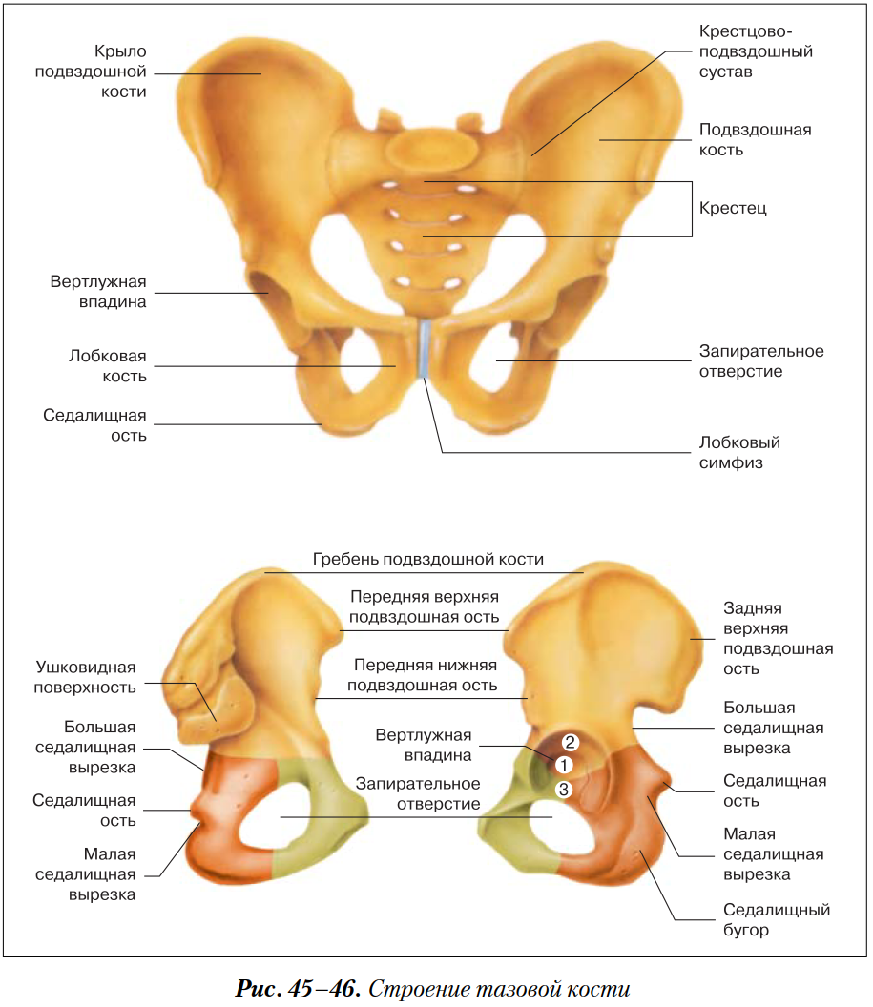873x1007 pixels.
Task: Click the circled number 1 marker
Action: click(x=563, y=765)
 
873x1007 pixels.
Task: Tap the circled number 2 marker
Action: click(x=570, y=742)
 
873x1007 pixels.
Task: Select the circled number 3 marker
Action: click(x=564, y=789)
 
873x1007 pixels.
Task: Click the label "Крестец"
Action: click(x=733, y=208)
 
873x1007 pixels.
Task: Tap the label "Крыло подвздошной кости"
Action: click(x=91, y=71)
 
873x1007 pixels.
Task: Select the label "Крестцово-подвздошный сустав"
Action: click(x=756, y=52)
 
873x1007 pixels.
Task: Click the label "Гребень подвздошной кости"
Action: click(x=428, y=559)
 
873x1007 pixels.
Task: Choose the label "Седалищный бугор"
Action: click(x=776, y=919)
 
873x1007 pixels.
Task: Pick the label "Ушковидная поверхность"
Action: click(x=86, y=676)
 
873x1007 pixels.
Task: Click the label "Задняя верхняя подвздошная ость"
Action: click(x=778, y=638)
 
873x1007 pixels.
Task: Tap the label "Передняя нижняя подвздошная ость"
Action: click(x=422, y=674)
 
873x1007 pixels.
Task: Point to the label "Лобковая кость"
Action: click(x=107, y=365)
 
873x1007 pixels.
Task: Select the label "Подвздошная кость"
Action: click(x=755, y=139)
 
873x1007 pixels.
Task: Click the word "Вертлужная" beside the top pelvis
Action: click(x=98, y=282)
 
